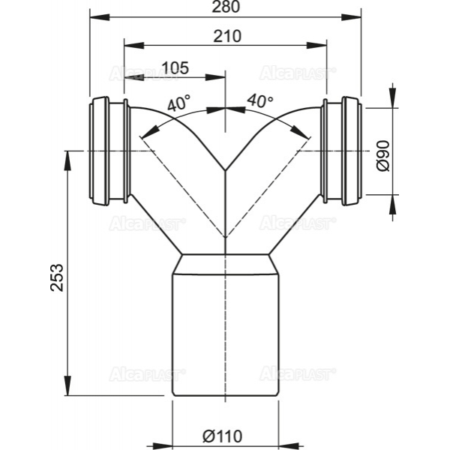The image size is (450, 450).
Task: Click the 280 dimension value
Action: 226,7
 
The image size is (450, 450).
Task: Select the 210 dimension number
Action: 227,37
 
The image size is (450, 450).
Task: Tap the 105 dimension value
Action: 175,67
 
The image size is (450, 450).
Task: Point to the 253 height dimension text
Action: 57,277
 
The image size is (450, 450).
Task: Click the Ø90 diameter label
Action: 383,156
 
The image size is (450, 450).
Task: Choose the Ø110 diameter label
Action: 223,436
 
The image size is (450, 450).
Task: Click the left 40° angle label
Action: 178,103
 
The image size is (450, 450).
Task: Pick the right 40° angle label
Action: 260,100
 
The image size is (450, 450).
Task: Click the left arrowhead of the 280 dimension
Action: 100,17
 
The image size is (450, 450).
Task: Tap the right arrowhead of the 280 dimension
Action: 351,17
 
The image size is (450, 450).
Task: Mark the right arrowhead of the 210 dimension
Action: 316,45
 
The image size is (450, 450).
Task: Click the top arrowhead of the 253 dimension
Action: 67,160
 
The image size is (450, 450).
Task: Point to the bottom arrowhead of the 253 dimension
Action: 67,385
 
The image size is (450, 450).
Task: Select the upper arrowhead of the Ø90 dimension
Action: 393,98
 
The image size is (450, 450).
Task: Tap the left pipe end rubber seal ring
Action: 99,151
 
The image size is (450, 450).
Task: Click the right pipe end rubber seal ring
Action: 352,151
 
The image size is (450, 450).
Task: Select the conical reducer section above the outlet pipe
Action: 226,264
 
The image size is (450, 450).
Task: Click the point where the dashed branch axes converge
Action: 226,238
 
